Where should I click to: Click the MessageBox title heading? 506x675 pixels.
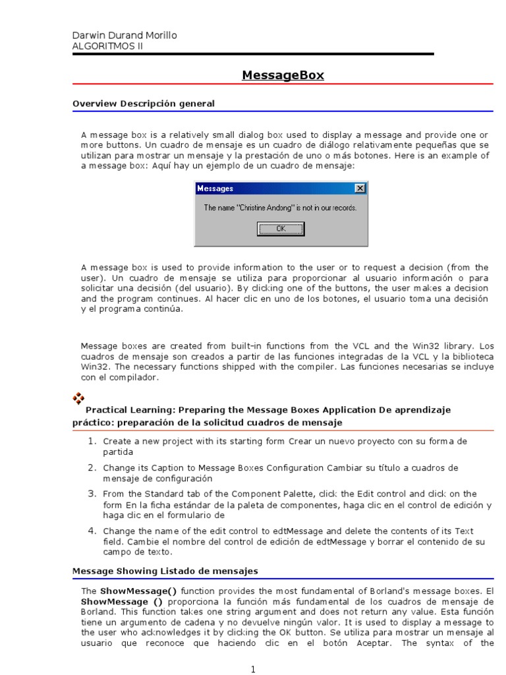[283, 75]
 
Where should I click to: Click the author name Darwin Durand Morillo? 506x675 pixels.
[124, 35]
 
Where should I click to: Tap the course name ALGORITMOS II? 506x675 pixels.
[107, 46]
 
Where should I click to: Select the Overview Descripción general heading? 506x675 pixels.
[143, 103]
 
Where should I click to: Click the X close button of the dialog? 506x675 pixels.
[359, 189]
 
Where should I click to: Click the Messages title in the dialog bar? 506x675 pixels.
[216, 189]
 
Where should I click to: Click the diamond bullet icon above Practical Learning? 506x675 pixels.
[78, 397]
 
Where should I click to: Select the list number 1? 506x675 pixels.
[93, 440]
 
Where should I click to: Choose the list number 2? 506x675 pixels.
[93, 467]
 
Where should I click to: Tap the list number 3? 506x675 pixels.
[93, 493]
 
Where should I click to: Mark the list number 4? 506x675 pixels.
[93, 530]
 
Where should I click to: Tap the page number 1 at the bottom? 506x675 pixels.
[252, 670]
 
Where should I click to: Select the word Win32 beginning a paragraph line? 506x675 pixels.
[92, 368]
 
